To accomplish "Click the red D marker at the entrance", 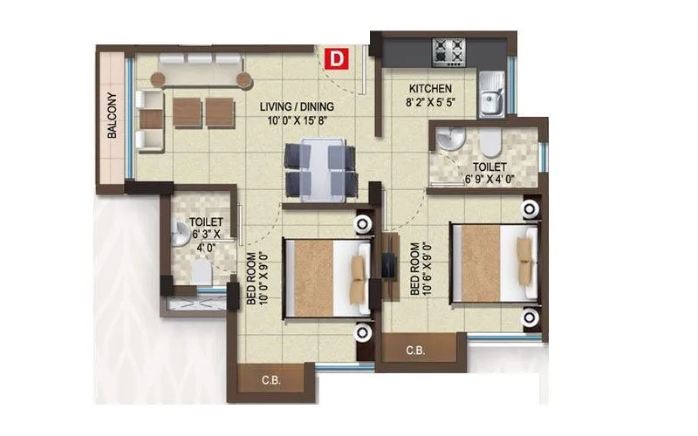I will [336, 58].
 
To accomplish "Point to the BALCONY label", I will [113, 115].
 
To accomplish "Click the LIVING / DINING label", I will [297, 107].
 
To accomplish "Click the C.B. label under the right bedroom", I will [415, 351].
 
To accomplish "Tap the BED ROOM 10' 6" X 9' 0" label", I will [420, 272].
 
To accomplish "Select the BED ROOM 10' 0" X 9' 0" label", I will [257, 277].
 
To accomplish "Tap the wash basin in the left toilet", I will [182, 232].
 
